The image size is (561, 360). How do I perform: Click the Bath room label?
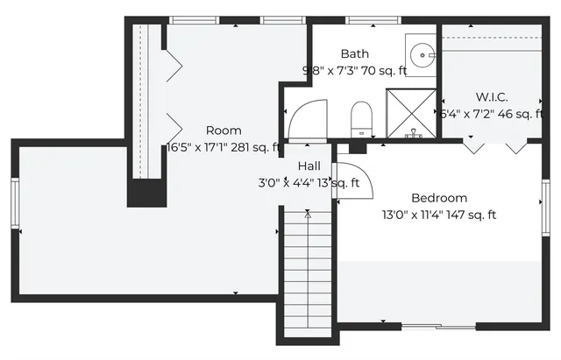point(355,53)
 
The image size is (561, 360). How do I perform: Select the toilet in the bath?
point(360,117)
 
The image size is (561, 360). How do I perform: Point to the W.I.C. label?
point(492,96)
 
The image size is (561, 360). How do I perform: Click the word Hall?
point(309,166)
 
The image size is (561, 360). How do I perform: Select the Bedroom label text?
point(439,198)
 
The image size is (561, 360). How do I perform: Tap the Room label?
point(224,131)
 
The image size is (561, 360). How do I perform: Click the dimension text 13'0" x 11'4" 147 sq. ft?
point(439,215)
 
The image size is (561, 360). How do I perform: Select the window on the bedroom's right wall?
point(545,206)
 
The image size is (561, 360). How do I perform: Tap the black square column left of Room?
point(146,193)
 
